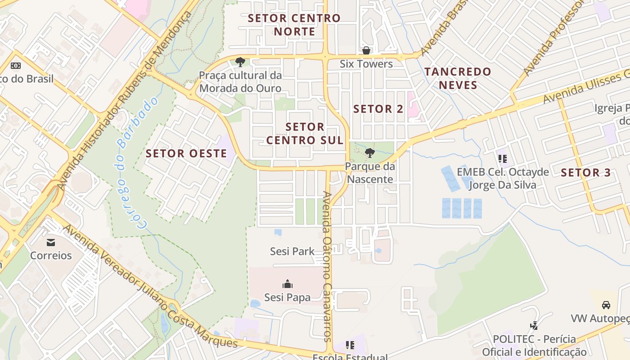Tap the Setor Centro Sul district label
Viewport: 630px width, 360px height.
pyautogui.click(x=305, y=134)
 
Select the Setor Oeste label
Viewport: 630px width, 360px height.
pyautogui.click(x=186, y=153)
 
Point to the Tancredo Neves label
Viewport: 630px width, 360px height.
pyautogui.click(x=458, y=78)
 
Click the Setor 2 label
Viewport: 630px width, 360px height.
pyautogui.click(x=378, y=109)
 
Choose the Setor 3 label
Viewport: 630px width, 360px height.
pyautogui.click(x=586, y=172)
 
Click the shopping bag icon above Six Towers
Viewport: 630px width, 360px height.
pyautogui.click(x=366, y=50)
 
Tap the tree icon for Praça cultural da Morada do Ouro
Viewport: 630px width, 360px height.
pyautogui.click(x=240, y=62)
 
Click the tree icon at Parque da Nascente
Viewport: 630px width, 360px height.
pyautogui.click(x=369, y=153)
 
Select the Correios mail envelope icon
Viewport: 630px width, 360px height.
pyautogui.click(x=51, y=243)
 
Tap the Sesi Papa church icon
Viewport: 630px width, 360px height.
pyautogui.click(x=287, y=284)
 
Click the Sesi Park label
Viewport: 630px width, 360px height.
pyautogui.click(x=292, y=251)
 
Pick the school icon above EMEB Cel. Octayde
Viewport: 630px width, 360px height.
pyautogui.click(x=503, y=158)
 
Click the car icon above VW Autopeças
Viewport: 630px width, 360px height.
pyautogui.click(x=606, y=305)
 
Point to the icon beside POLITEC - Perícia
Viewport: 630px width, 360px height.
pyautogui.click(x=534, y=325)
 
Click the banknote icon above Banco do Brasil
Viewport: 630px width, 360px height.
pyautogui.click(x=16, y=66)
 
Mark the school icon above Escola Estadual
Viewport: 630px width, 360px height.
pyautogui.click(x=350, y=345)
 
